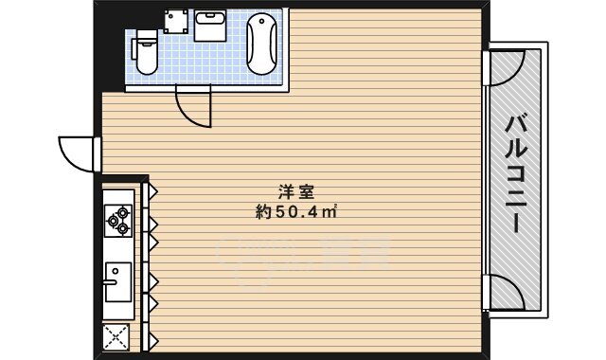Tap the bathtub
pyautogui.click(x=261, y=45)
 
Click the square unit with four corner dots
pyautogui.click(x=175, y=21)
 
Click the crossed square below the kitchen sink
pyautogui.click(x=116, y=336)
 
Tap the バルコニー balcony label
pyautogui.click(x=515, y=174)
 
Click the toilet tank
pyautogui.click(x=145, y=39)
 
